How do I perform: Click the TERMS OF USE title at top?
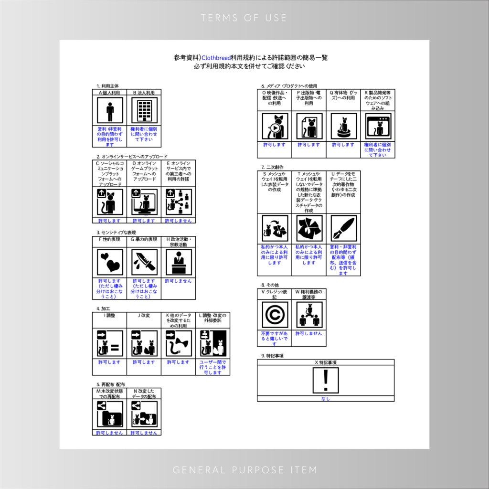pyautogui.click(x=244, y=18)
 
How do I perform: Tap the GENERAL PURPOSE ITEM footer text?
pyautogui.click(x=244, y=470)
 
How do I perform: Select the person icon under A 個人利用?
pyautogui.click(x=110, y=111)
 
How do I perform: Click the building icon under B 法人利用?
pyautogui.click(x=144, y=111)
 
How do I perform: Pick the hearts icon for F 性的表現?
pyautogui.click(x=110, y=262)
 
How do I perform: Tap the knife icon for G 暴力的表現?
pyautogui.click(x=144, y=262)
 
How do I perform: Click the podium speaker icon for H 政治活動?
pyautogui.click(x=179, y=262)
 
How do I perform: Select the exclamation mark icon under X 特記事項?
pyautogui.click(x=326, y=380)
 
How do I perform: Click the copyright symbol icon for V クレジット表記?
pyautogui.click(x=275, y=315)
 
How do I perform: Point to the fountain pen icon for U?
pyautogui.click(x=343, y=228)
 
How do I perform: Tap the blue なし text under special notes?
pyautogui.click(x=326, y=399)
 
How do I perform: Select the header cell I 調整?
pyautogui.click(x=109, y=315)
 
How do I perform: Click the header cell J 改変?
pyautogui.click(x=144, y=315)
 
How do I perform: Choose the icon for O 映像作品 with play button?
pyautogui.click(x=275, y=127)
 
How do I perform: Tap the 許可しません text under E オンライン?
pyautogui.click(x=178, y=221)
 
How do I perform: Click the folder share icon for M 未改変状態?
pyautogui.click(x=110, y=415)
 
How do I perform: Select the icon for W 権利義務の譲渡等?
pyautogui.click(x=309, y=315)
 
